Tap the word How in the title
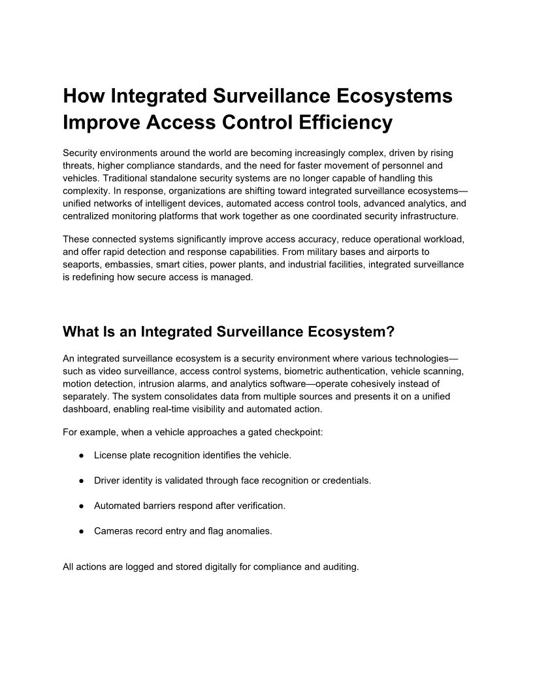pos(84,96)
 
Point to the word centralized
pos(89,215)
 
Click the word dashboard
pos(86,408)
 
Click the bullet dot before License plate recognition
pos(80,455)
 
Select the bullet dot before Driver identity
pos(80,481)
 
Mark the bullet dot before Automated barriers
pos(80,506)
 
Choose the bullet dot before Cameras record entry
pos(80,532)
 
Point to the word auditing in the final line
pos(340,567)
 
